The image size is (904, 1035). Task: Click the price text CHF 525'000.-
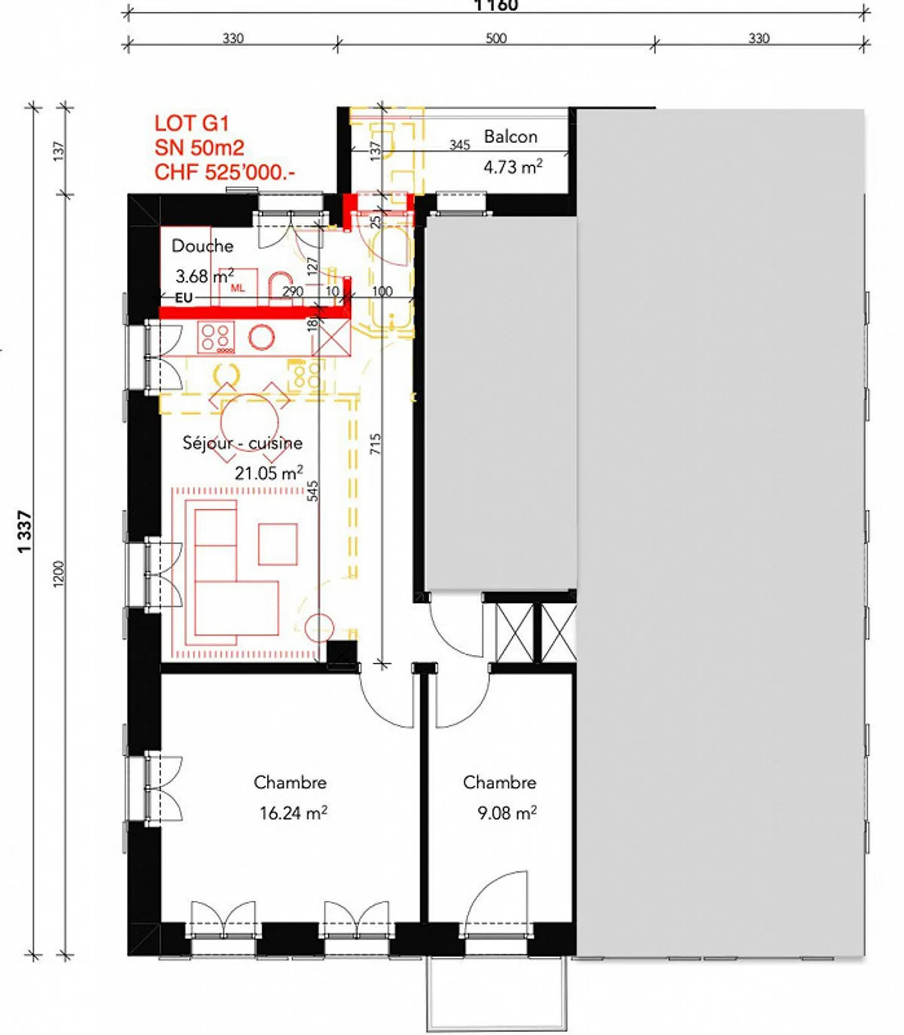click(x=225, y=172)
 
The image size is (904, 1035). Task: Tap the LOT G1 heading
click(x=191, y=123)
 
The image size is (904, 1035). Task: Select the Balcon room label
click(x=510, y=137)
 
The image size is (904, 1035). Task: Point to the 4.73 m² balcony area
click(x=512, y=167)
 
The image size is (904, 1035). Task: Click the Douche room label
click(x=202, y=246)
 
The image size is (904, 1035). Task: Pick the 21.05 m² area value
click(x=269, y=472)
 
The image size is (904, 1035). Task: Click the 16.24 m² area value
click(x=293, y=813)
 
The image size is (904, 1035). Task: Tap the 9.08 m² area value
click(x=507, y=813)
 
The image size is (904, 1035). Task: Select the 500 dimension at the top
click(x=496, y=38)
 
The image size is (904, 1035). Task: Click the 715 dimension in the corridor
click(x=375, y=444)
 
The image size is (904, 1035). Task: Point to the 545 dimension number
click(x=313, y=491)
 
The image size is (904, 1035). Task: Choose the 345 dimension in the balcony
click(x=460, y=145)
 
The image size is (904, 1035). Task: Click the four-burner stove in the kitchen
click(x=217, y=337)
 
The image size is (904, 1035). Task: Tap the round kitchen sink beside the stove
click(x=261, y=337)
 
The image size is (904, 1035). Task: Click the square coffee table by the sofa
click(x=277, y=544)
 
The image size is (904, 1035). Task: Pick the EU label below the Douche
click(x=183, y=298)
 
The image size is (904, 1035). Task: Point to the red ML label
click(x=237, y=289)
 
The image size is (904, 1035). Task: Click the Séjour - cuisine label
click(x=242, y=443)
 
